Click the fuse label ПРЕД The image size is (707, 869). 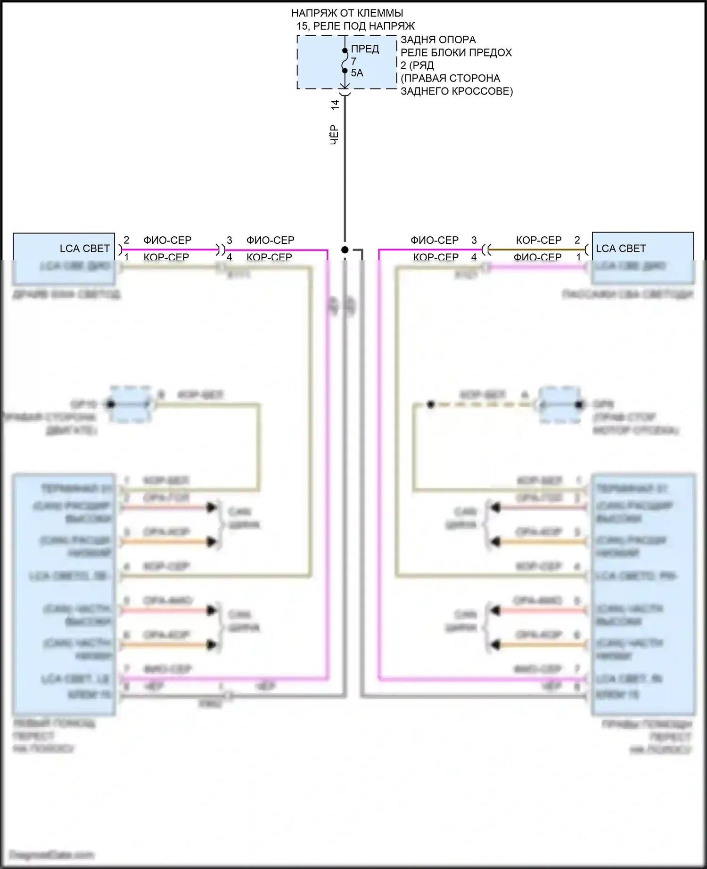[x=365, y=49]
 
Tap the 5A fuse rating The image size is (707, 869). [x=357, y=73]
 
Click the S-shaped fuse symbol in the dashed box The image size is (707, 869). [x=345, y=61]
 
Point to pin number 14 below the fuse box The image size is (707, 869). [x=335, y=105]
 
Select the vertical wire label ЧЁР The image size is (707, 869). [x=334, y=134]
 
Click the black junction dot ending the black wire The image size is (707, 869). [x=345, y=249]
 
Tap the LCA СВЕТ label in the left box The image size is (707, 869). [x=84, y=248]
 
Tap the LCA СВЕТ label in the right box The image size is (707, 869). [x=621, y=248]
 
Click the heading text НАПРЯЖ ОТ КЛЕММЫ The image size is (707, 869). [x=347, y=13]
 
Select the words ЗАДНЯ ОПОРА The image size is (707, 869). [x=438, y=40]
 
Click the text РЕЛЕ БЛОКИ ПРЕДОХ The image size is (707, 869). [x=456, y=52]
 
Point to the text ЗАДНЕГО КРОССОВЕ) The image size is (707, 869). [x=456, y=91]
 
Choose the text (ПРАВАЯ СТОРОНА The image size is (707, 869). [x=450, y=78]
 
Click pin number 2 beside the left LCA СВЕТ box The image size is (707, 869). [x=126, y=240]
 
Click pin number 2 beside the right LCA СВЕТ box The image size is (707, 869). [x=577, y=240]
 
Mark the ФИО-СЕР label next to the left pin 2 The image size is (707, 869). [x=167, y=240]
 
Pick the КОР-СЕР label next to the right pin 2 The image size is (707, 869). [x=539, y=240]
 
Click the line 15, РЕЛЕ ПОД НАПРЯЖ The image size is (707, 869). [x=356, y=26]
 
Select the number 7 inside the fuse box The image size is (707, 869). [x=353, y=61]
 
